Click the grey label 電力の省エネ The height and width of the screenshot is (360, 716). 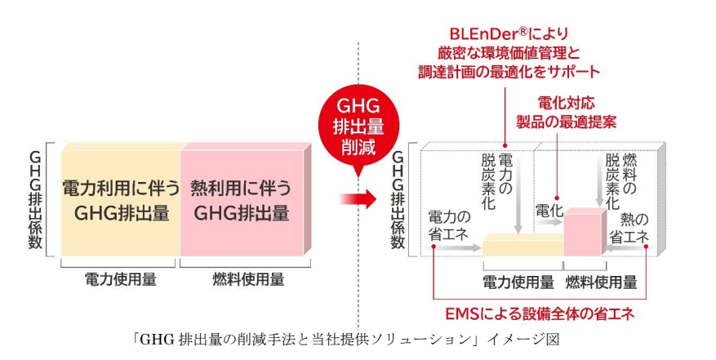pyautogui.click(x=449, y=226)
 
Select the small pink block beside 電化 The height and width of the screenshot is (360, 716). pyautogui.click(x=584, y=233)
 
